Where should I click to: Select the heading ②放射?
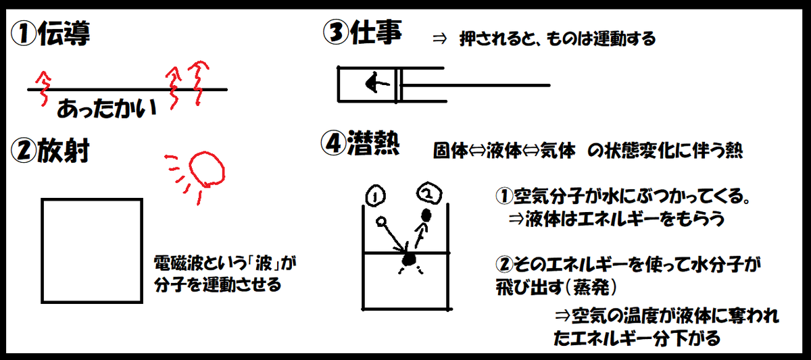[x=51, y=151]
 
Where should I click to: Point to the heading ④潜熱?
[x=362, y=143]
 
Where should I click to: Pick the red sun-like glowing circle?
[x=206, y=168]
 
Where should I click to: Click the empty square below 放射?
[x=92, y=249]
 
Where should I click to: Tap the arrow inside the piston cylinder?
[x=374, y=84]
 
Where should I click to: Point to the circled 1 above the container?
[x=376, y=195]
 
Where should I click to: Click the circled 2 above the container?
[x=428, y=194]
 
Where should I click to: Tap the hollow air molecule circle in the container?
[x=380, y=221]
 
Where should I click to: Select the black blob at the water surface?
[x=408, y=259]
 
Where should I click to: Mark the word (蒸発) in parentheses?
[x=598, y=286]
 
